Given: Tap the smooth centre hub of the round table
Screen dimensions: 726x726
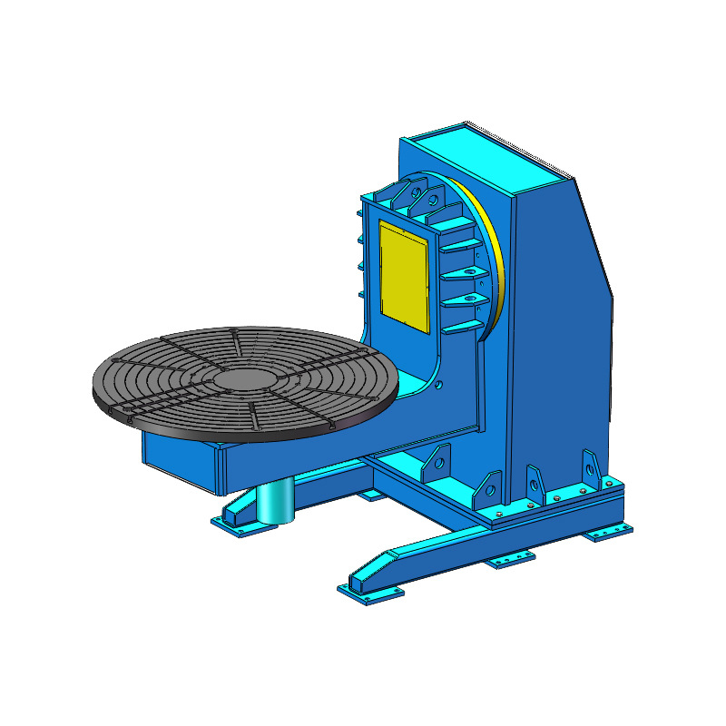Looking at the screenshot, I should coord(244,376).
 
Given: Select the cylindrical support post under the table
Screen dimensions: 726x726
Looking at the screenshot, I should coord(275,502).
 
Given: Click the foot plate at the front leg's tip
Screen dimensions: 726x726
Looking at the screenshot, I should coord(370,592).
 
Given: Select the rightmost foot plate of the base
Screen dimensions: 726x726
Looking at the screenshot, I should coord(607,531).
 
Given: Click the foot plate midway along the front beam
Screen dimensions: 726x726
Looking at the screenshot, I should coord(509,561).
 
